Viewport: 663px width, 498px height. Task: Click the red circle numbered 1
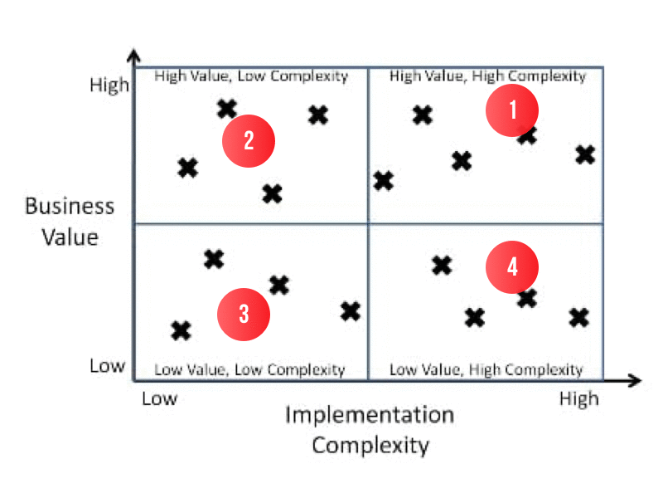[x=511, y=110]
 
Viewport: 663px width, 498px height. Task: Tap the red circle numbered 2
[x=249, y=141]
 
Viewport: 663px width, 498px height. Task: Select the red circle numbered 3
[x=244, y=315]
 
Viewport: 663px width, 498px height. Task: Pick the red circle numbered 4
[x=511, y=267]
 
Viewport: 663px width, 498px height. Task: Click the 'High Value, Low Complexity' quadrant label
[x=251, y=76]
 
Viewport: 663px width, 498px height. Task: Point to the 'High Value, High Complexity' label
[x=487, y=76]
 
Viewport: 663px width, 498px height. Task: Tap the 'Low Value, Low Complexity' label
[x=249, y=370]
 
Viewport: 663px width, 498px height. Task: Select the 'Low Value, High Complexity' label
[x=486, y=370]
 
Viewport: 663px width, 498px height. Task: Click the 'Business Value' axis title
[x=70, y=222]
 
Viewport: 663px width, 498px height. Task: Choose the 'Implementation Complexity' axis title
[x=370, y=430]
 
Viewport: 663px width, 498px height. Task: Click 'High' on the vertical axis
[x=109, y=85]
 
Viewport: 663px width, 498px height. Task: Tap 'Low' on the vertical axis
[x=108, y=366]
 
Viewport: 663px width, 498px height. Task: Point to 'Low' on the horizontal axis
[x=159, y=399]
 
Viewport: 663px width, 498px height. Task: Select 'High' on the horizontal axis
[x=579, y=399]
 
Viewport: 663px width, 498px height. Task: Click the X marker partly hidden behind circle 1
[x=527, y=136]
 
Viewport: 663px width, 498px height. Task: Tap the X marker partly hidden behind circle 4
[x=527, y=298]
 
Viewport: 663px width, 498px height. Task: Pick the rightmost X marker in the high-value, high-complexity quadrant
[x=586, y=155]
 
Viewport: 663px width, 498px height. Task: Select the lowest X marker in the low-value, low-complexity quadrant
[x=181, y=331]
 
